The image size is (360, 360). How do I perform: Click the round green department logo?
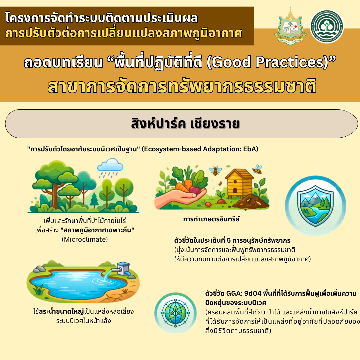coord(327,26)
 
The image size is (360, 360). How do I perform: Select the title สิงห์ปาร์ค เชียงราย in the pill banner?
coord(185,124)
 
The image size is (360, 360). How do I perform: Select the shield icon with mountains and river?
coord(315,206)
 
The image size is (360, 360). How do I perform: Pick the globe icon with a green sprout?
coord(175,313)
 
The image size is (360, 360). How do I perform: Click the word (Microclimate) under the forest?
coord(85,239)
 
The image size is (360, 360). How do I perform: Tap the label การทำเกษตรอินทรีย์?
coord(211,219)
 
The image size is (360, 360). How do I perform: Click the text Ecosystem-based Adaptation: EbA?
coord(200,149)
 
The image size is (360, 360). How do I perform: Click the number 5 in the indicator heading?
coord(229,240)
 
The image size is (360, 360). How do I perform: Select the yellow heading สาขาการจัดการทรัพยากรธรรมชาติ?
coord(182,87)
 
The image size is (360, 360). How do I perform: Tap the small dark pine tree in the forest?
coord(94,199)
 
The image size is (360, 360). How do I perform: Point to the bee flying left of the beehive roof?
coord(215,170)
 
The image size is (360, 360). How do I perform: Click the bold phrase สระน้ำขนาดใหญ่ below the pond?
coord(62,312)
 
